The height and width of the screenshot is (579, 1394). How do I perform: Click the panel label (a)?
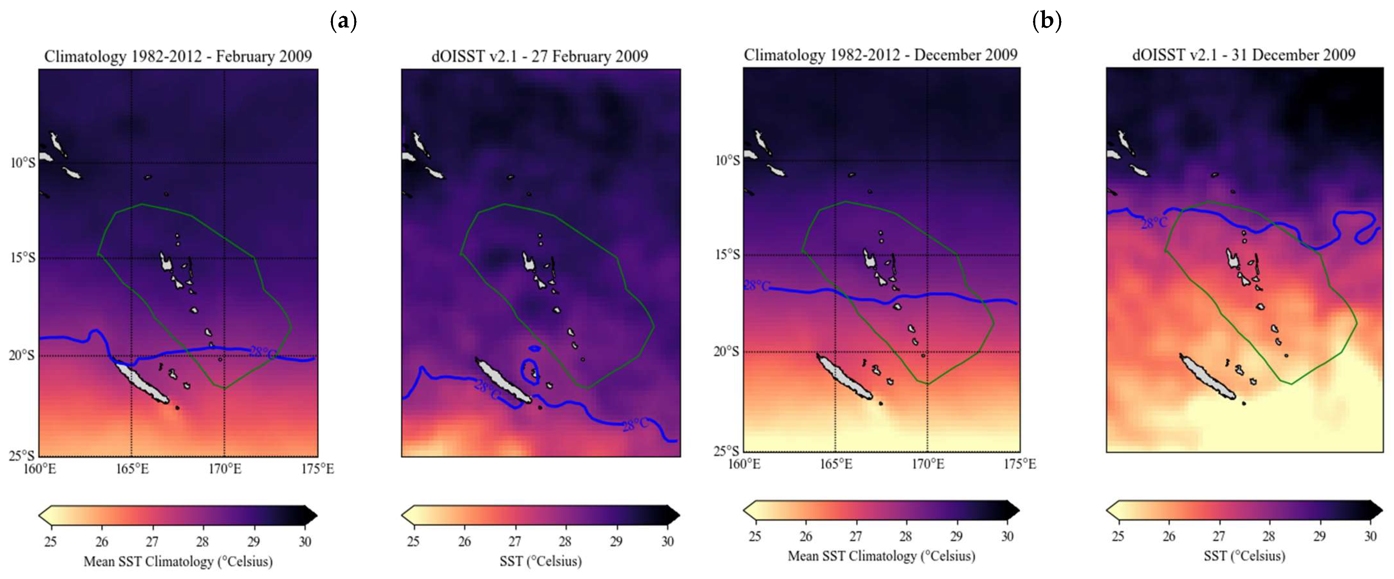click(343, 22)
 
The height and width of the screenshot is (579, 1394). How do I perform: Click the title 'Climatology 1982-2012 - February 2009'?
click(178, 56)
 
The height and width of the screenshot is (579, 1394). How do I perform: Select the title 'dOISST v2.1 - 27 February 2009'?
click(540, 56)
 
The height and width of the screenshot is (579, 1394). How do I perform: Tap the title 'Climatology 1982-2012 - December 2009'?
click(881, 55)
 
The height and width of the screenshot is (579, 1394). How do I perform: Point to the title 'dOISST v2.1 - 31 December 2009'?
click(1244, 55)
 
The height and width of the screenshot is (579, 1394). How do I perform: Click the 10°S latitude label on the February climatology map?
click(23, 162)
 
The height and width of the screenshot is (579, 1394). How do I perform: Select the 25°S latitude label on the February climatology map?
click(23, 455)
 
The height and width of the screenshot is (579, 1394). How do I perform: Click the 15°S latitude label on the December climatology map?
click(727, 254)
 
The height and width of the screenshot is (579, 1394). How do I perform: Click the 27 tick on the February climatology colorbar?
click(152, 542)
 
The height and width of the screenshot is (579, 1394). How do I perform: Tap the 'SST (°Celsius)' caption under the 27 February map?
click(540, 561)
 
